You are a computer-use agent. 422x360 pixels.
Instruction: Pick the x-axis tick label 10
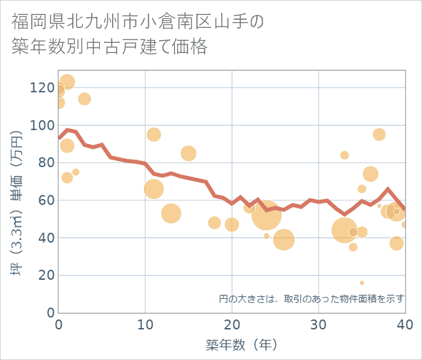tap(145, 325)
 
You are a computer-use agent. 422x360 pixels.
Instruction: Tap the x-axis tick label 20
tap(232, 325)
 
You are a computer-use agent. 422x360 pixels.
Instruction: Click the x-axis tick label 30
tap(318, 325)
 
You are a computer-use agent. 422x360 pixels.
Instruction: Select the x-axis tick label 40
tap(404, 325)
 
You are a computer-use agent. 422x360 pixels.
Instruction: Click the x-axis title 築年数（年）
tap(241, 345)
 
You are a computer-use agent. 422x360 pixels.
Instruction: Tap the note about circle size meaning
tap(311, 298)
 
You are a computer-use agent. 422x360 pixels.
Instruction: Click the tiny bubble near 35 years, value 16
tap(362, 283)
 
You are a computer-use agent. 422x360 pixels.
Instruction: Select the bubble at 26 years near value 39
tap(284, 239)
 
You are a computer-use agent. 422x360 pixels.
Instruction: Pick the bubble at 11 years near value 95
tap(154, 134)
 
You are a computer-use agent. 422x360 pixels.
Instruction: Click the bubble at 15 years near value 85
tap(188, 154)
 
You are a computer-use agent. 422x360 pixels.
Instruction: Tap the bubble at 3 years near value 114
tap(84, 99)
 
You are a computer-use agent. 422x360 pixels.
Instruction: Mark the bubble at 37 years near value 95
tap(379, 134)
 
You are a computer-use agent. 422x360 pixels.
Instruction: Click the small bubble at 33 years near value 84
tap(345, 156)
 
